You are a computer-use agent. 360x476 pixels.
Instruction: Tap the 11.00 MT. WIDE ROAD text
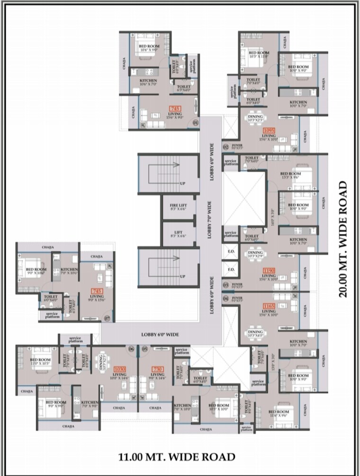(177, 457)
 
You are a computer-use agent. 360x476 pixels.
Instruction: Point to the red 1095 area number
(270, 130)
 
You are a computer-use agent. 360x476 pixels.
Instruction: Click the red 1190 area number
(269, 270)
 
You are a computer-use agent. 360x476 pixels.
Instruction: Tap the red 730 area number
(157, 369)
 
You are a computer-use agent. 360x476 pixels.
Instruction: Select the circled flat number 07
(107, 318)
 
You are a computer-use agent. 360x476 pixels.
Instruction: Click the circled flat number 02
(226, 147)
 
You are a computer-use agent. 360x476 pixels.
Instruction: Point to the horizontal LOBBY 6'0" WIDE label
(160, 335)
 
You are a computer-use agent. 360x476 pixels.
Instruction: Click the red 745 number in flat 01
(175, 108)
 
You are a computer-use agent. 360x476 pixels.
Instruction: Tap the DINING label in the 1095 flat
(256, 117)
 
